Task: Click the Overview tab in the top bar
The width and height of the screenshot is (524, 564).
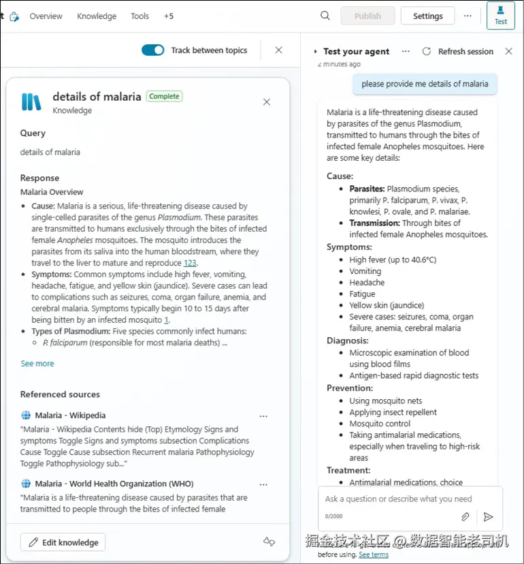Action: (46, 16)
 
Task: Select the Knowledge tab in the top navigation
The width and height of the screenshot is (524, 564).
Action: (97, 16)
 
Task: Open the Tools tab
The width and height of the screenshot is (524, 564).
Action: (140, 16)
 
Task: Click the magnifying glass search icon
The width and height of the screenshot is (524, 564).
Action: (325, 16)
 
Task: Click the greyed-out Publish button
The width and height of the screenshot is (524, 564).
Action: (367, 16)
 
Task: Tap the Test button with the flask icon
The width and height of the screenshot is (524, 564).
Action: (500, 16)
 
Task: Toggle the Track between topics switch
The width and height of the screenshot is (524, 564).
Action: (152, 50)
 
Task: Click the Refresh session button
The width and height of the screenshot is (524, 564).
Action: (458, 51)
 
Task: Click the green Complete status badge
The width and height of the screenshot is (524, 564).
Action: (164, 97)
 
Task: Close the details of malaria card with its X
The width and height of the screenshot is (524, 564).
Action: (267, 102)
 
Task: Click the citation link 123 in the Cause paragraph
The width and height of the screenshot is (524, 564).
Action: (190, 263)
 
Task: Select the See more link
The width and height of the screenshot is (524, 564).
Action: (37, 364)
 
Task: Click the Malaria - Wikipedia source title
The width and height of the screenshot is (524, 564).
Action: (70, 416)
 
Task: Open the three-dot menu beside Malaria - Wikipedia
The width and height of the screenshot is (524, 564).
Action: (263, 416)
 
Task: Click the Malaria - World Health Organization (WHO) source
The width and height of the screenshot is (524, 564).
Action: (114, 484)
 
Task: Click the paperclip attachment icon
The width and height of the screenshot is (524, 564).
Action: (465, 517)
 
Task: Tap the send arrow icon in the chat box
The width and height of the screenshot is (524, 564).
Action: (488, 517)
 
